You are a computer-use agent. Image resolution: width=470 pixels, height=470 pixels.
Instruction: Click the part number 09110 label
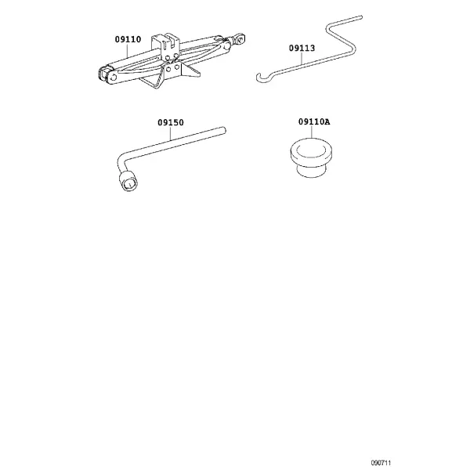[x=128, y=39]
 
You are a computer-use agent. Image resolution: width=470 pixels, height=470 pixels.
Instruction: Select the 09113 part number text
[x=302, y=48]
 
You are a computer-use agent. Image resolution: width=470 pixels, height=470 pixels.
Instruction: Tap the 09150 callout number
[x=171, y=122]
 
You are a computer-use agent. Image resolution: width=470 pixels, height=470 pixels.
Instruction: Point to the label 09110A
[x=314, y=121]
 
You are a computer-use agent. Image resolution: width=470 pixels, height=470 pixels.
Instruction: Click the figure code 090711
[x=381, y=463]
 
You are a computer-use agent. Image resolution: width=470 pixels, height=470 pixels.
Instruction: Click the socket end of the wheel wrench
[x=129, y=181]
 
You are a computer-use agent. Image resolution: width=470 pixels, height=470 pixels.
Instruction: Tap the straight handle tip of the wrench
[x=223, y=130]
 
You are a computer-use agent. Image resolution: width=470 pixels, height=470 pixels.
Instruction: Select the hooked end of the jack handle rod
[x=262, y=78]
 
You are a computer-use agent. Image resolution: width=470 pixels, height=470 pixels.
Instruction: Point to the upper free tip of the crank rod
[x=361, y=17]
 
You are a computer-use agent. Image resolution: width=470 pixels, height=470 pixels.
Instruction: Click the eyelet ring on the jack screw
[x=240, y=38]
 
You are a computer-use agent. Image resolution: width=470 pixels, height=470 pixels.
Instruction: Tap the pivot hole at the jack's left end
[x=113, y=78]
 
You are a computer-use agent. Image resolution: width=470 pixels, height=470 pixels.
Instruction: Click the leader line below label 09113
[x=302, y=58]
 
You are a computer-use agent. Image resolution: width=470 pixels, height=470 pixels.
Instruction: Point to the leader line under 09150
[x=171, y=133]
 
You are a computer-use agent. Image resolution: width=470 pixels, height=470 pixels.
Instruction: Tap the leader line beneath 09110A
[x=312, y=132]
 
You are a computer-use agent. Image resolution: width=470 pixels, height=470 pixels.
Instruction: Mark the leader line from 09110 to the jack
[x=128, y=51]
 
